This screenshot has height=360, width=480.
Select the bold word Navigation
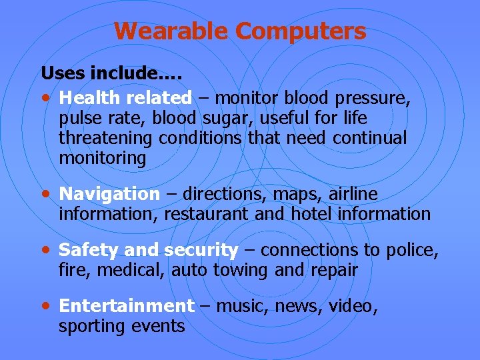(x=109, y=194)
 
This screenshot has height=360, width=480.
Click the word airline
(x=351, y=194)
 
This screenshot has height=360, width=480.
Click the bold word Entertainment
(x=126, y=306)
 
